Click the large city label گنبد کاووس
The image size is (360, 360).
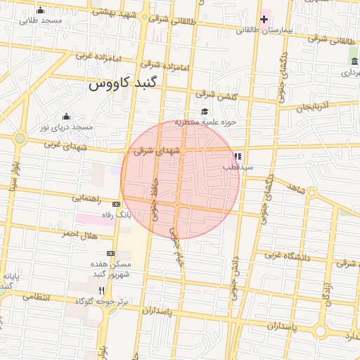point(124,84)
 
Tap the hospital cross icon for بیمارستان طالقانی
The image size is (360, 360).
point(264,18)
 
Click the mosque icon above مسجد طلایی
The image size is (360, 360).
point(40,10)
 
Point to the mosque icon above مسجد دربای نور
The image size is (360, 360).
point(66,116)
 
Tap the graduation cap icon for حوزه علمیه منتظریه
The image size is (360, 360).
point(205,111)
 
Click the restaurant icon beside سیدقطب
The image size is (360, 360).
point(238,156)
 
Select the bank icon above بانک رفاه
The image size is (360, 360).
point(116,204)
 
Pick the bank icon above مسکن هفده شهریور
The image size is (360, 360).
point(110,252)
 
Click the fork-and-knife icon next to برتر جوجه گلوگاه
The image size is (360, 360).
point(102,290)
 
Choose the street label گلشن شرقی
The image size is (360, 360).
point(213,94)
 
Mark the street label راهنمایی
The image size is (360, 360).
point(86,199)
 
